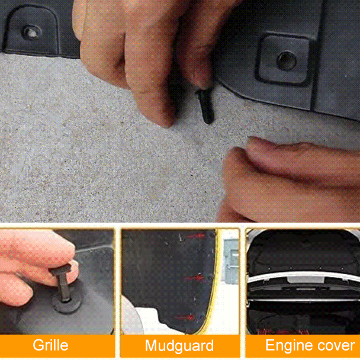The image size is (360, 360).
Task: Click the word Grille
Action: coord(50,345)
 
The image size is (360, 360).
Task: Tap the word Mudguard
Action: coord(179,346)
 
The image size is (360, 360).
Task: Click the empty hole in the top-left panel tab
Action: coord(32,33)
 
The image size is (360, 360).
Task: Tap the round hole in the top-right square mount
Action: coord(287,60)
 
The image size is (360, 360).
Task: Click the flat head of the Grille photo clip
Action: coord(60,269)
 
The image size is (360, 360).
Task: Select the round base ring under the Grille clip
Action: coord(66,302)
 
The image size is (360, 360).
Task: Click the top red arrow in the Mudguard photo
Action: coord(195,236)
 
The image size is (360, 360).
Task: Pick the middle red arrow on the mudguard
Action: coord(194,278)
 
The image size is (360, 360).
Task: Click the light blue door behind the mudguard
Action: coord(232,261)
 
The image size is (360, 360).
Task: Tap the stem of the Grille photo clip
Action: coord(63,287)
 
